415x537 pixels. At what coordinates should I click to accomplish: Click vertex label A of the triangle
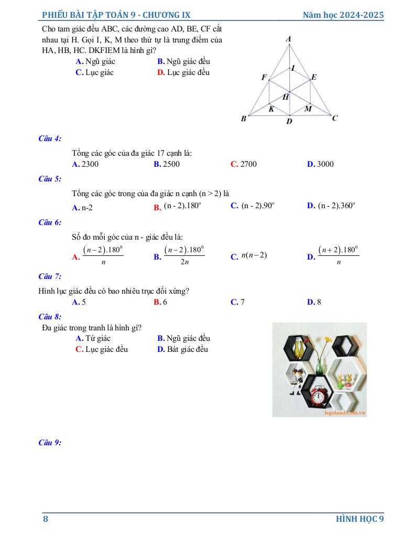(289, 39)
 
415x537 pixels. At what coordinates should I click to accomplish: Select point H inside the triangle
(286, 97)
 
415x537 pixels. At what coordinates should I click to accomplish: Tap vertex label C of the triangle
(335, 118)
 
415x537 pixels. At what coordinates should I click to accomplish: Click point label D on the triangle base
(289, 122)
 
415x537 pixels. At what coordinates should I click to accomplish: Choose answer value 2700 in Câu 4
(248, 164)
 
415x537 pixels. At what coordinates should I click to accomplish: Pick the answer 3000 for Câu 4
(325, 164)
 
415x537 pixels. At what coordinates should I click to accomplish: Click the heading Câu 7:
(50, 276)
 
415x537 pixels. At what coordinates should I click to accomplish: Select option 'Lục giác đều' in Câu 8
(106, 349)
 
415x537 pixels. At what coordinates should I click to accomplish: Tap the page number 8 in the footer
(46, 519)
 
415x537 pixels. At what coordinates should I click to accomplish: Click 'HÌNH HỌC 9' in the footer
(360, 519)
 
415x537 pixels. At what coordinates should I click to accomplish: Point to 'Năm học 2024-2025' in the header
(343, 15)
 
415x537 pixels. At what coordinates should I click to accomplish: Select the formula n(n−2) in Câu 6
(254, 255)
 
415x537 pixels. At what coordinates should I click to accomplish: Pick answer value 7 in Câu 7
(242, 302)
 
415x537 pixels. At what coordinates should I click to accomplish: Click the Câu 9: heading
(50, 443)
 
